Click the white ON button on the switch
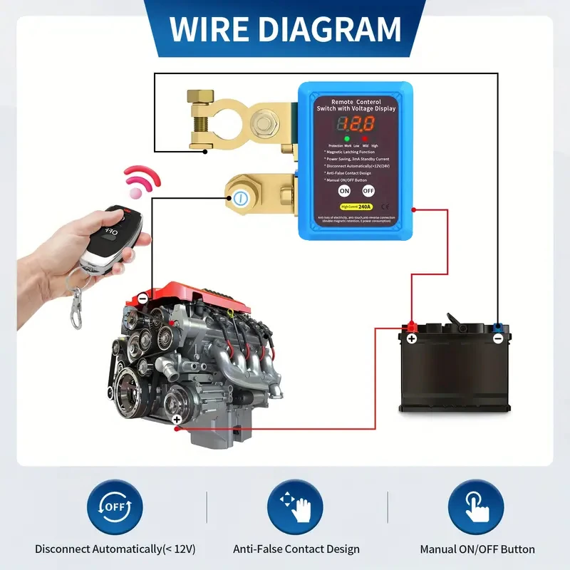pyautogui.click(x=344, y=191)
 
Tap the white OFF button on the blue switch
pyautogui.click(x=368, y=191)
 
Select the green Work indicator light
pyautogui.click(x=346, y=138)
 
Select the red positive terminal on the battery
pyautogui.click(x=411, y=328)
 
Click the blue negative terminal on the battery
pyautogui.click(x=497, y=328)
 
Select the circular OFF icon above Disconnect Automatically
pyautogui.click(x=115, y=507)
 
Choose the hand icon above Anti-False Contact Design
pyautogui.click(x=295, y=507)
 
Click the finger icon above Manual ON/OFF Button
pyautogui.click(x=476, y=507)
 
